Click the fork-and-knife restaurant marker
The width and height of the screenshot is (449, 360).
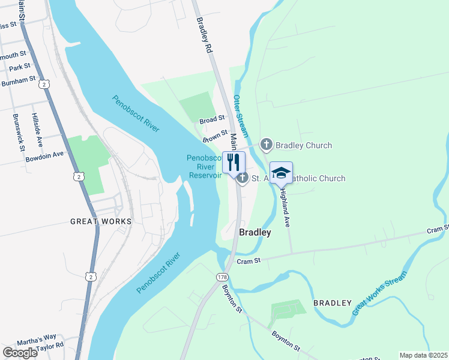[x=234, y=162]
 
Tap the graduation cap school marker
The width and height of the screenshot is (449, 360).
[x=280, y=173]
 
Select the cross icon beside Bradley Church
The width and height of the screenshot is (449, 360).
[x=266, y=145]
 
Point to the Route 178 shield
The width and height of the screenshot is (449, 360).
[x=223, y=277]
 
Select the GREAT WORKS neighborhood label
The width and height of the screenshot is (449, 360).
[x=101, y=221]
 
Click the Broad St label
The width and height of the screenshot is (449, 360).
[x=212, y=120]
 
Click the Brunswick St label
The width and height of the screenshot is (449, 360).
[x=18, y=131]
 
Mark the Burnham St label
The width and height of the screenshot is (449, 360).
[x=18, y=82]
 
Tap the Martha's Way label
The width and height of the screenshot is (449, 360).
[x=36, y=342]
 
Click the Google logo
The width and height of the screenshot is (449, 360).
[x=19, y=352]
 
